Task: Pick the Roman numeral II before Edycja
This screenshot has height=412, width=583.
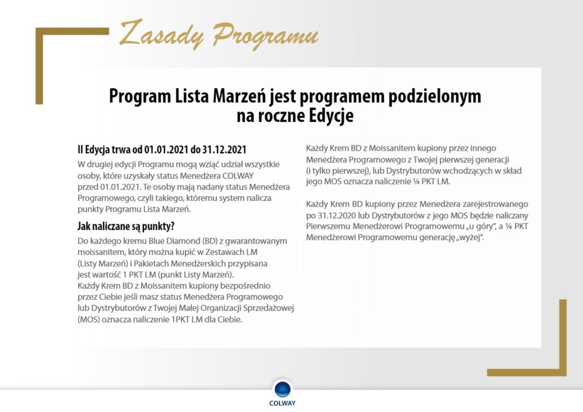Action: [x=81, y=150]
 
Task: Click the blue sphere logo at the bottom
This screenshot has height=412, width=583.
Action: [x=283, y=389]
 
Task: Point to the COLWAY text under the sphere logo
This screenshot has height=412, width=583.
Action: [x=283, y=403]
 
